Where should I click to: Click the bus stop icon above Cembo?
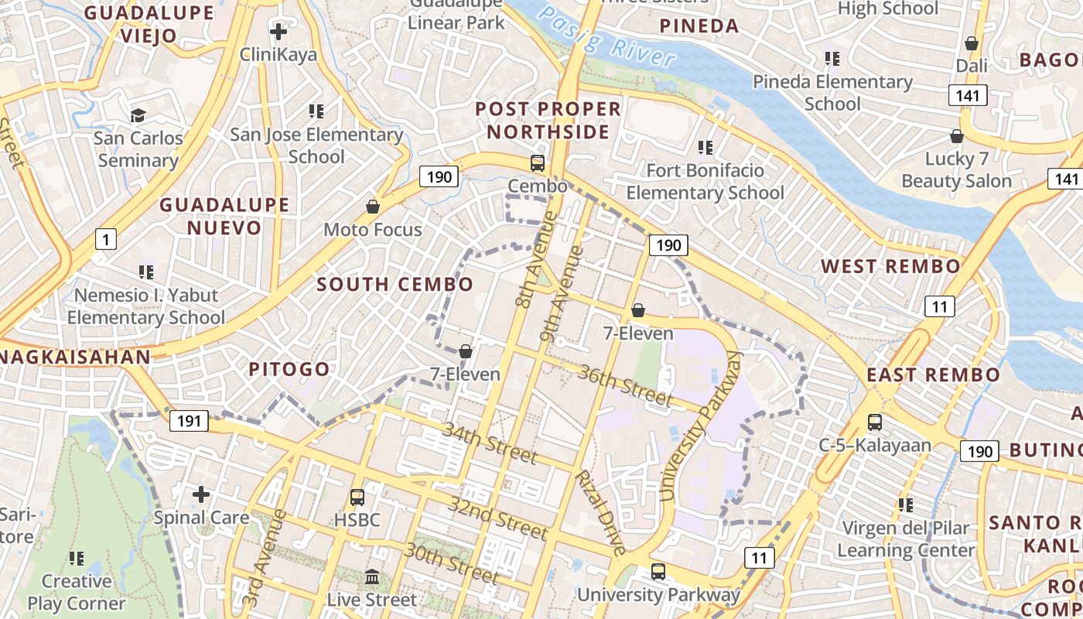(537, 163)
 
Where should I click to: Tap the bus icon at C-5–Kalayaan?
(875, 422)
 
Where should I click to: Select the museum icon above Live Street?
(372, 576)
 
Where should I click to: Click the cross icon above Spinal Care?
(201, 494)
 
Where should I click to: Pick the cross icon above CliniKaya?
(278, 32)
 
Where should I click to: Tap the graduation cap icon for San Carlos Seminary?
(138, 115)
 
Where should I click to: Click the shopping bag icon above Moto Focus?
(373, 207)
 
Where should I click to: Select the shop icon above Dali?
(972, 43)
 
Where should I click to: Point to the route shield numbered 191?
(189, 421)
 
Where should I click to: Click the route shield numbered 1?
(105, 239)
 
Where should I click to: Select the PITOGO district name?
(289, 369)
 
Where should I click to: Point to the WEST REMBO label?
(890, 266)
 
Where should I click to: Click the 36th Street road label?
(625, 385)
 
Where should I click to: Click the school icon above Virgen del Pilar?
(906, 505)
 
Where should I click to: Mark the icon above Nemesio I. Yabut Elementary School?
(146, 272)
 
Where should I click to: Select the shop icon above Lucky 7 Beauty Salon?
(957, 136)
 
